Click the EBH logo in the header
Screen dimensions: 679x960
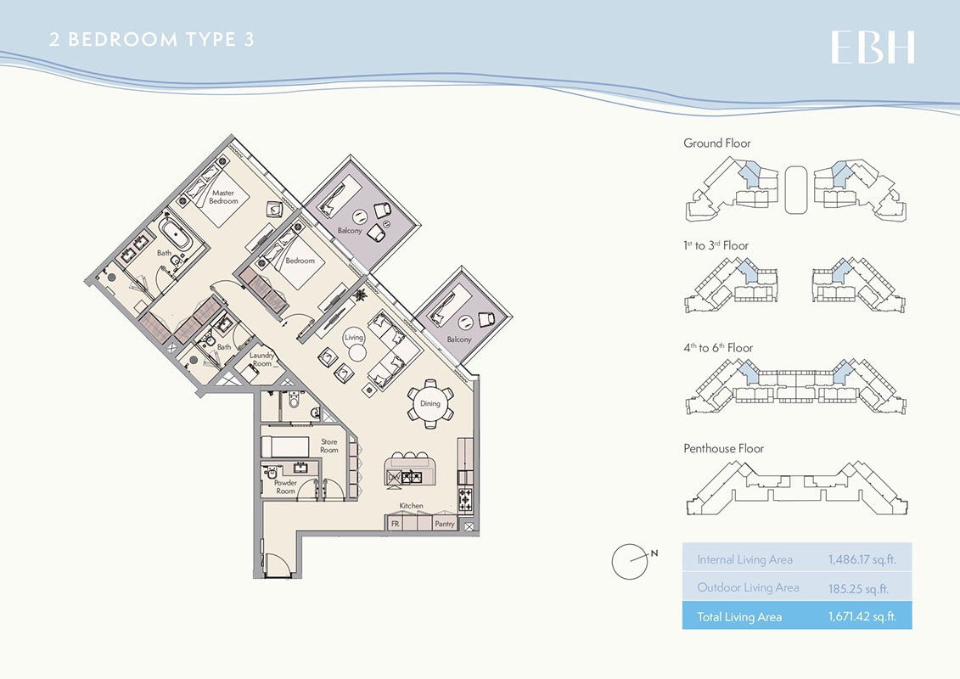coord(873,48)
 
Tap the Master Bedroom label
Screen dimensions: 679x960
coord(224,197)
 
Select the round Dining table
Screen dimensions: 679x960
coord(430,403)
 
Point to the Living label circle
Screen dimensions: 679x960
coord(354,337)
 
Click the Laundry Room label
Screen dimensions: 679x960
coord(261,360)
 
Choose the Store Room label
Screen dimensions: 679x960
coord(329,446)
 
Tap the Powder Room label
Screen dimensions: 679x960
coord(285,486)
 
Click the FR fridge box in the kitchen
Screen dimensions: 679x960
coord(395,525)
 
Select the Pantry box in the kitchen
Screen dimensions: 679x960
coord(445,525)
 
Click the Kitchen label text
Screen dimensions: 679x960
coord(412,506)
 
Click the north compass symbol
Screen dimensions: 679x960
coord(630,559)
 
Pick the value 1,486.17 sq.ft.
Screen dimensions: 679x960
coord(862,559)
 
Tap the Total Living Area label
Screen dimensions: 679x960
coord(739,616)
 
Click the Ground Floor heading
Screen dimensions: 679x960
coord(717,143)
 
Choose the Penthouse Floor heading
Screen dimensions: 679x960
coord(723,448)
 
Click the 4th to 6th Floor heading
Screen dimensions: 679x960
coord(718,347)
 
